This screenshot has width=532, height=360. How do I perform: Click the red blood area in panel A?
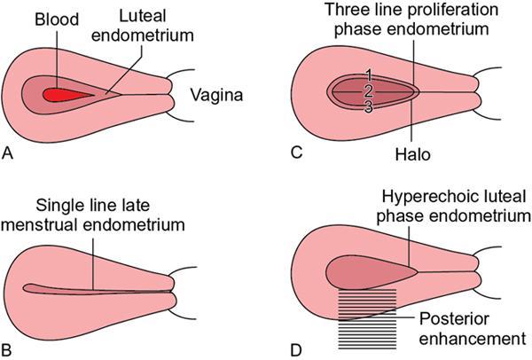(71, 93)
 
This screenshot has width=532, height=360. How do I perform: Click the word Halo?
(413, 154)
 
